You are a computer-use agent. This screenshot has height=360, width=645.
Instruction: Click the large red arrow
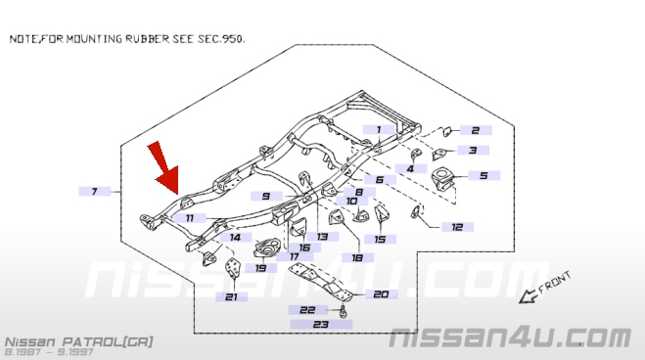tap(164, 169)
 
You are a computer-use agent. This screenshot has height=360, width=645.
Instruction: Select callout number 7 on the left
tap(95, 191)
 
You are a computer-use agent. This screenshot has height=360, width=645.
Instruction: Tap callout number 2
tap(476, 130)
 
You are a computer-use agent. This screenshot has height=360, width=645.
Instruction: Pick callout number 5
tap(484, 175)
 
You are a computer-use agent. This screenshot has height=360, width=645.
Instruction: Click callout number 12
tap(457, 227)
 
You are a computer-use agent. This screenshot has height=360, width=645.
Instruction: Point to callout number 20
tap(381, 294)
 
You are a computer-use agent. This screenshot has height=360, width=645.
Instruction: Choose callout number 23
tap(321, 324)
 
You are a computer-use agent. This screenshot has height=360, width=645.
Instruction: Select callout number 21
tap(232, 296)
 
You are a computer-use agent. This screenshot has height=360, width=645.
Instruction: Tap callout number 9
tap(266, 196)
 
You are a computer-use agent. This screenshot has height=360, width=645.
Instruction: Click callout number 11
tap(190, 218)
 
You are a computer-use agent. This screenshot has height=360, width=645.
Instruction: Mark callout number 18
tap(357, 257)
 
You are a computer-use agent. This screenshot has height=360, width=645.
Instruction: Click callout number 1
tap(379, 130)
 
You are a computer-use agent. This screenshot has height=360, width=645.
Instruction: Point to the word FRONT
tap(555, 283)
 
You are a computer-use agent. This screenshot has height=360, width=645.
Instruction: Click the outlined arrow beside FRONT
tap(528, 296)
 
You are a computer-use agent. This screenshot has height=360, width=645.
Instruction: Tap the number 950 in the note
tap(232, 39)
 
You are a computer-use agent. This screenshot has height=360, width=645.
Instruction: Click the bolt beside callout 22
tap(343, 311)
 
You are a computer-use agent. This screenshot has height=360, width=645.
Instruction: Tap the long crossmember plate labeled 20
tap(320, 282)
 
